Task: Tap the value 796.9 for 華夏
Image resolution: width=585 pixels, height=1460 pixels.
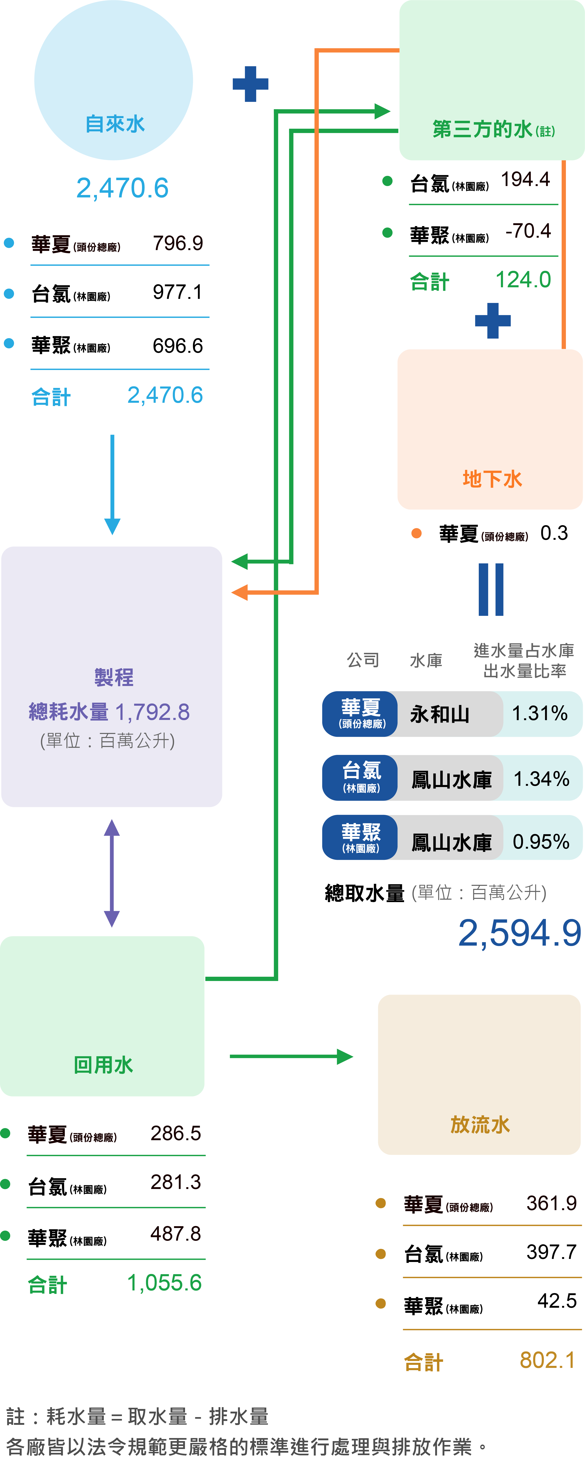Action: pyautogui.click(x=178, y=243)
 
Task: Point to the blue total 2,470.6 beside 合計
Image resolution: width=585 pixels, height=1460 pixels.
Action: pyautogui.click(x=165, y=395)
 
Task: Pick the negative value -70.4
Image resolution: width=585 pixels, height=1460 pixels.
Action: pyautogui.click(x=528, y=231)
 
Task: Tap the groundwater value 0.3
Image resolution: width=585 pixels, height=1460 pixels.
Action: pyautogui.click(x=554, y=533)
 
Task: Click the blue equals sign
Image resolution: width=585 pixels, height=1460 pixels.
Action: pyautogui.click(x=491, y=589)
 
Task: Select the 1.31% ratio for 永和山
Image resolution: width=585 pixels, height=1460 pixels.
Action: pyautogui.click(x=540, y=714)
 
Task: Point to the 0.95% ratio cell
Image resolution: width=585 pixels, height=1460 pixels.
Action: pyautogui.click(x=541, y=842)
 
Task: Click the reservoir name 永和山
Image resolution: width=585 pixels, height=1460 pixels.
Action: pyautogui.click(x=440, y=714)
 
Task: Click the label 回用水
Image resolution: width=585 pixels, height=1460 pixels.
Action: pyautogui.click(x=103, y=1065)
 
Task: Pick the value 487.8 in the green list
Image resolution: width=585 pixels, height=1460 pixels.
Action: pyautogui.click(x=175, y=1234)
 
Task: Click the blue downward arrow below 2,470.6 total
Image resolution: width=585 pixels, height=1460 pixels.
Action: pyautogui.click(x=112, y=484)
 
